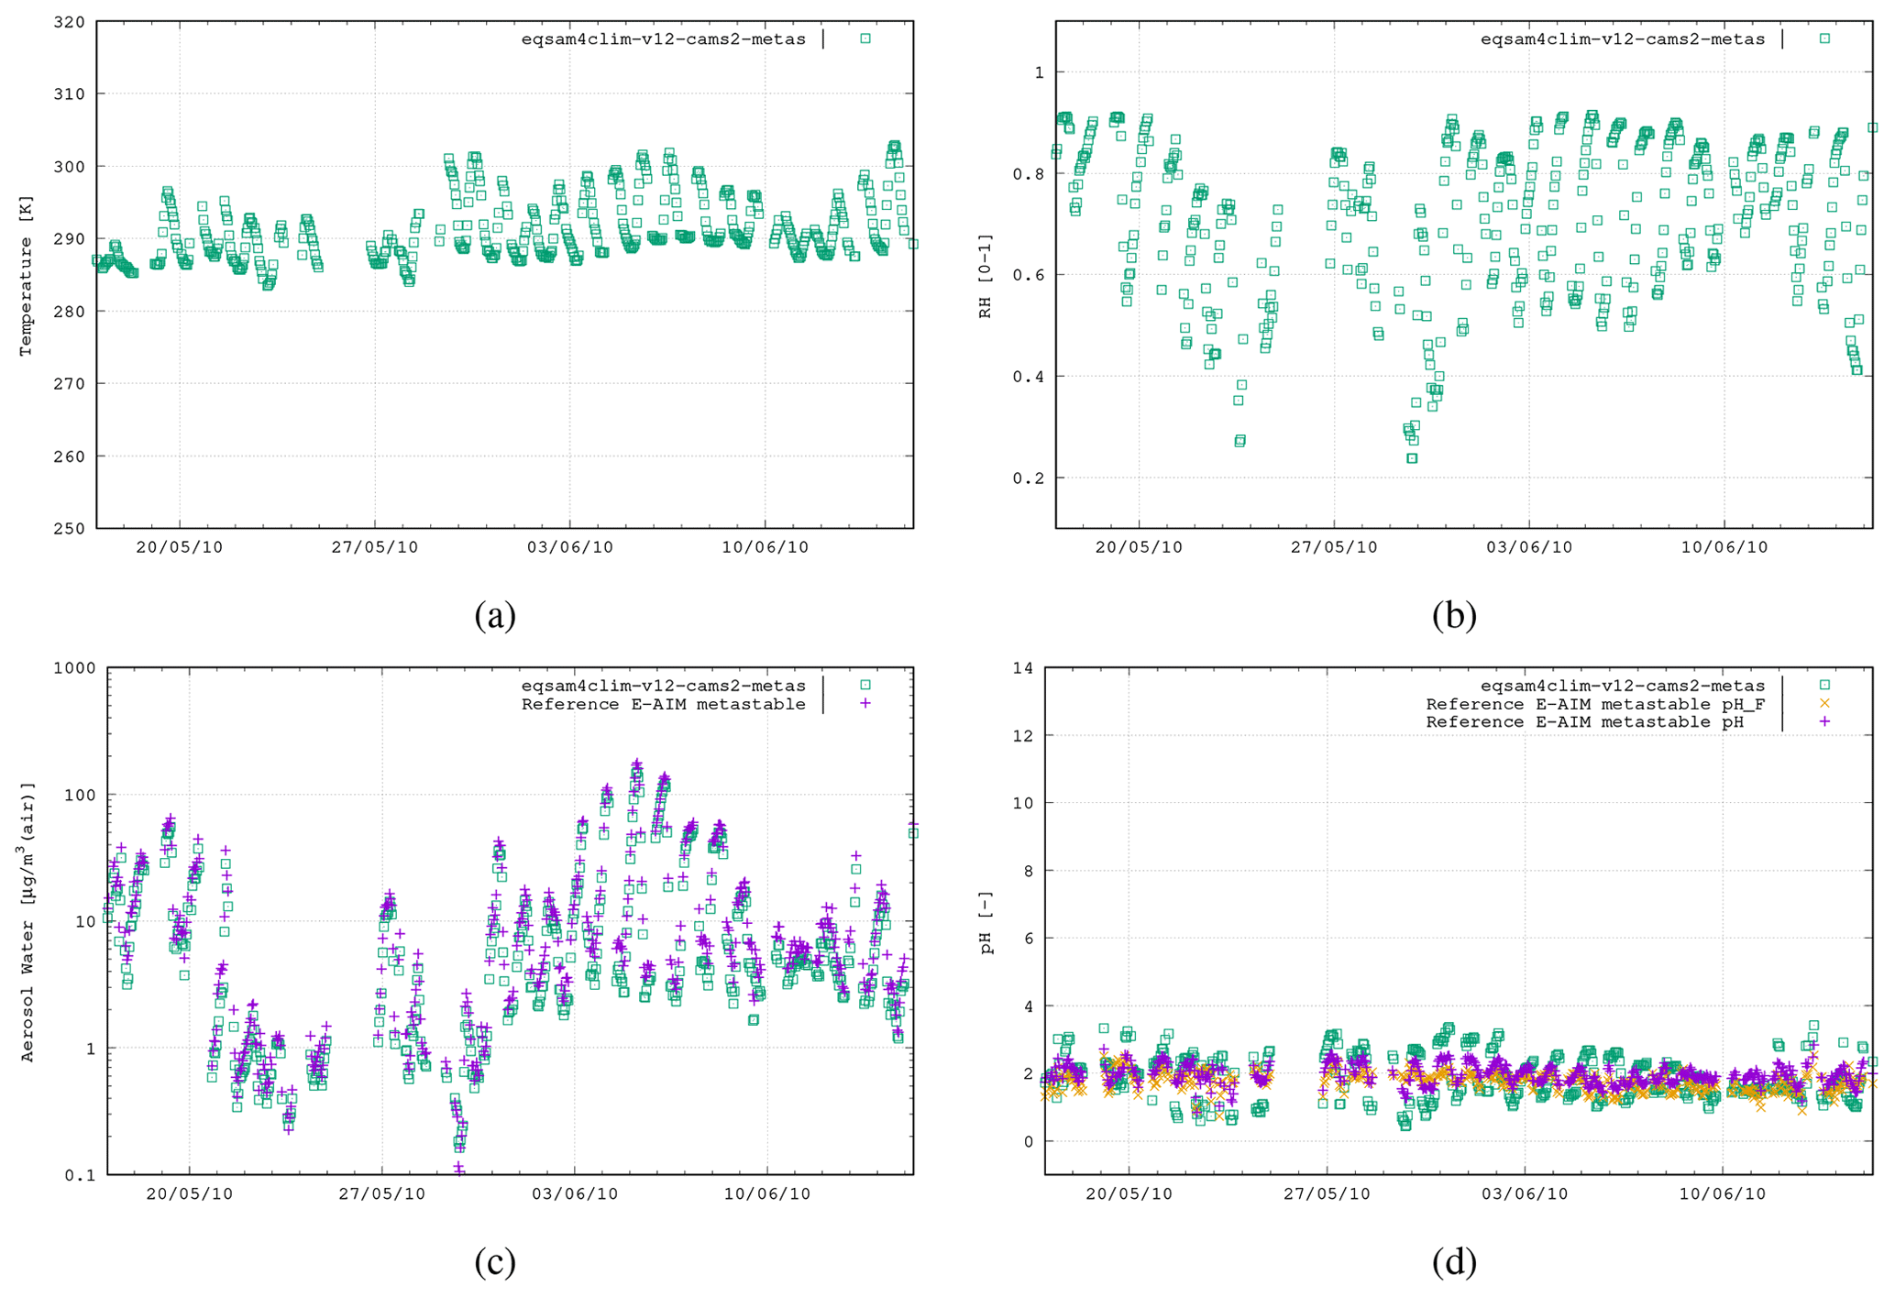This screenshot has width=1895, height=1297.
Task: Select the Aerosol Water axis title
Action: [x=28, y=921]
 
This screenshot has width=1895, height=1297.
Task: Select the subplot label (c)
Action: [x=495, y=1262]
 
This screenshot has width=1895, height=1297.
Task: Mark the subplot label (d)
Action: [x=1454, y=1262]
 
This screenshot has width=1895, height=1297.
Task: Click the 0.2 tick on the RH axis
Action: [x=1033, y=478]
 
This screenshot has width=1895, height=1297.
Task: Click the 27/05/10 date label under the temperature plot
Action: [x=374, y=547]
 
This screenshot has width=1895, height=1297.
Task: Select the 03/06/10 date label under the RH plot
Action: [x=1528, y=547]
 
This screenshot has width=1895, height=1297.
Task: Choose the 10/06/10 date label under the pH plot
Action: [x=1723, y=1194]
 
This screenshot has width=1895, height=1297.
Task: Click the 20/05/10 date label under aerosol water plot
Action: [x=190, y=1194]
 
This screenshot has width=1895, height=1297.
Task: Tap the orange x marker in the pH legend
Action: [x=1824, y=703]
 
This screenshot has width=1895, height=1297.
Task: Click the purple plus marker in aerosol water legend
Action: [x=865, y=703]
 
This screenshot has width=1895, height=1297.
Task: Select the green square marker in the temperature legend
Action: [x=865, y=38]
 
